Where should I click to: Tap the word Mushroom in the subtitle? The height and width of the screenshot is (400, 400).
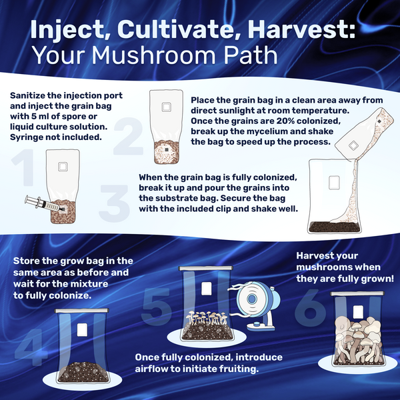155,55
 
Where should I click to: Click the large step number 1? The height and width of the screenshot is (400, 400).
23,167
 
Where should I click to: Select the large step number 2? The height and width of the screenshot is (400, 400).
129,136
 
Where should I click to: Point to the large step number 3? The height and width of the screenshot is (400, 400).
114,203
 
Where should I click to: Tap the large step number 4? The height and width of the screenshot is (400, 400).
31,347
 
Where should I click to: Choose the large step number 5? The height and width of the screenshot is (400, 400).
156,307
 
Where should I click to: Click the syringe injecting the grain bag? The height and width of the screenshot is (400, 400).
44,204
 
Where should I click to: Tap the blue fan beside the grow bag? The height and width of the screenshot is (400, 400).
257,305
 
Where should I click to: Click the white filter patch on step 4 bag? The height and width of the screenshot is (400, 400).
82,329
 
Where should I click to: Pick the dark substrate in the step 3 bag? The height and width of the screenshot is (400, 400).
335,227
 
